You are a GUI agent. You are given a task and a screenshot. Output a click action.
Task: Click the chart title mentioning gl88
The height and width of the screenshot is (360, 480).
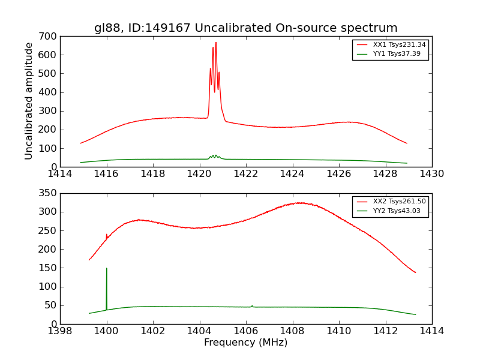point(245,28)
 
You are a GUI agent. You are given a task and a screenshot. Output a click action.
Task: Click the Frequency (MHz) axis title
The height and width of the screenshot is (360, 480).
point(245,343)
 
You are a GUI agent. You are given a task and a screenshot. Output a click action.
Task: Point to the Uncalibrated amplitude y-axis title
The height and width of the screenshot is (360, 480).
point(29,101)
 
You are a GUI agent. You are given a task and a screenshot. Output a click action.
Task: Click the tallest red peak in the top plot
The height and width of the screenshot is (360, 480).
point(216,43)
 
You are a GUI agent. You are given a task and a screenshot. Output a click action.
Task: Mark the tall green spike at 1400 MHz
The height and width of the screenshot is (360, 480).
point(107,269)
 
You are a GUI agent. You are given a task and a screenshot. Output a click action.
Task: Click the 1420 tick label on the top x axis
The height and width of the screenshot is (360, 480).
point(199,174)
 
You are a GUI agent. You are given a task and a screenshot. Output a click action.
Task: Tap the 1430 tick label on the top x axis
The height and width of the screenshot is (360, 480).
point(431,174)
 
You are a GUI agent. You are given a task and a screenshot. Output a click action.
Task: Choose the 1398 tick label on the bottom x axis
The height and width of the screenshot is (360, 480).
point(61,331)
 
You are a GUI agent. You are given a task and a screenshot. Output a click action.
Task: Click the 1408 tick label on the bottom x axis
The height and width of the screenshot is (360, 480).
point(292,331)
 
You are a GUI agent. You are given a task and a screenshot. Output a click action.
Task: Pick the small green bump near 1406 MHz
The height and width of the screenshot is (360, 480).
point(252,306)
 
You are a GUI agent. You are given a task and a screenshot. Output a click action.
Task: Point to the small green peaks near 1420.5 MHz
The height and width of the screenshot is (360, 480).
point(214,156)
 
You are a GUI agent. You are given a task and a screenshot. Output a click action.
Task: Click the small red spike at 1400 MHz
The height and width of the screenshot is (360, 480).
point(107,235)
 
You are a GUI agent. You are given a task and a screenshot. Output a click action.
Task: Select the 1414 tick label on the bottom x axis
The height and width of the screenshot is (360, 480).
point(431,331)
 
